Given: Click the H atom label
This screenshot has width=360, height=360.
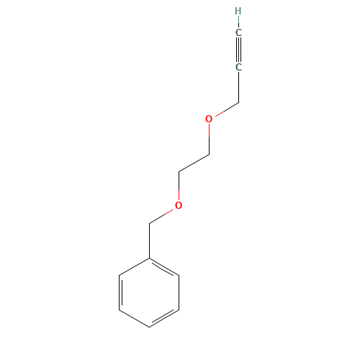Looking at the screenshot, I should tap(238, 11).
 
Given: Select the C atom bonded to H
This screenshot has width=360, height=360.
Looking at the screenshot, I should tap(238, 32).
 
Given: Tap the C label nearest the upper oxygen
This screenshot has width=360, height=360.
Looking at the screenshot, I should tap(238, 67).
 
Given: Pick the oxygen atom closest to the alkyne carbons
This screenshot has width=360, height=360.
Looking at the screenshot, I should tap(209, 119).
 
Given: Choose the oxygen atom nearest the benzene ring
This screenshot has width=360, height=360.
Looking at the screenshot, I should tap(179, 205).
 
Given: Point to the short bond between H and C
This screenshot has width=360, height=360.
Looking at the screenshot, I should tap(238, 22).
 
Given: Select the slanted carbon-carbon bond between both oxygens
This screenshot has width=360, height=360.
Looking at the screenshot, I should tap(194, 162).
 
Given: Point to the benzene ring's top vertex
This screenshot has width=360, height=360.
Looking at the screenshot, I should tap(149, 257).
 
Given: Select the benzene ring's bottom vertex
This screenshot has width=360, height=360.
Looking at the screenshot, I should tap(149, 327).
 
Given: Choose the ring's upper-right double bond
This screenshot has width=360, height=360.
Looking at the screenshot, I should tap(163, 266).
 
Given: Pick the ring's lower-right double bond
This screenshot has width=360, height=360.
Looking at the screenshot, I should tap(163, 318).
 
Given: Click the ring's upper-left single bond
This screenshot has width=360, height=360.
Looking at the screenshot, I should tap(134, 266).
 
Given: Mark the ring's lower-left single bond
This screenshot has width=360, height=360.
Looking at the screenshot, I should tap(134, 318).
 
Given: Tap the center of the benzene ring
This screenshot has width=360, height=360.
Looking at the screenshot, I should tap(149, 292).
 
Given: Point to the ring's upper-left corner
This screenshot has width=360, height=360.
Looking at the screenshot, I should tap(119, 274).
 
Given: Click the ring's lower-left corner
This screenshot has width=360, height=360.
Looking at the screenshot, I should tap(119, 310).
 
